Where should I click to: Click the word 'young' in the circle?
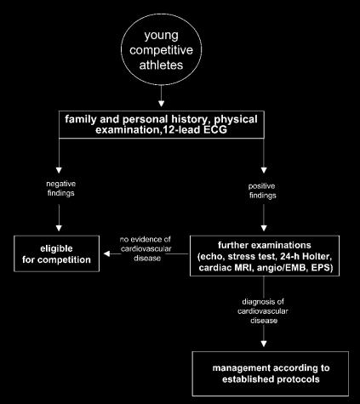(x=161, y=36)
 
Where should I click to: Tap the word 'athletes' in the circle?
(x=161, y=65)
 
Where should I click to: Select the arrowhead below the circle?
(x=161, y=104)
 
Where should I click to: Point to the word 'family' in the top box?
(x=81, y=119)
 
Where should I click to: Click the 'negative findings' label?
(x=61, y=188)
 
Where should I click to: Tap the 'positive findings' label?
(x=263, y=191)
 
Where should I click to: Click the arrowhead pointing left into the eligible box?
(x=107, y=253)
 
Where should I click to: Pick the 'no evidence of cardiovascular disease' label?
(x=146, y=248)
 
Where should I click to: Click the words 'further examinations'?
(x=265, y=245)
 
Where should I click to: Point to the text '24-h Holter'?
(x=306, y=257)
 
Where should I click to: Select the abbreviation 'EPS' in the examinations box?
(x=322, y=268)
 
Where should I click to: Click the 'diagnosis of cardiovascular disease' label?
(x=263, y=311)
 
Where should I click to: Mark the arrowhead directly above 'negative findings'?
(x=59, y=170)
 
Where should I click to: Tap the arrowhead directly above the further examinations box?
(x=264, y=228)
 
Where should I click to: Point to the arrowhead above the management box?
(x=264, y=344)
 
